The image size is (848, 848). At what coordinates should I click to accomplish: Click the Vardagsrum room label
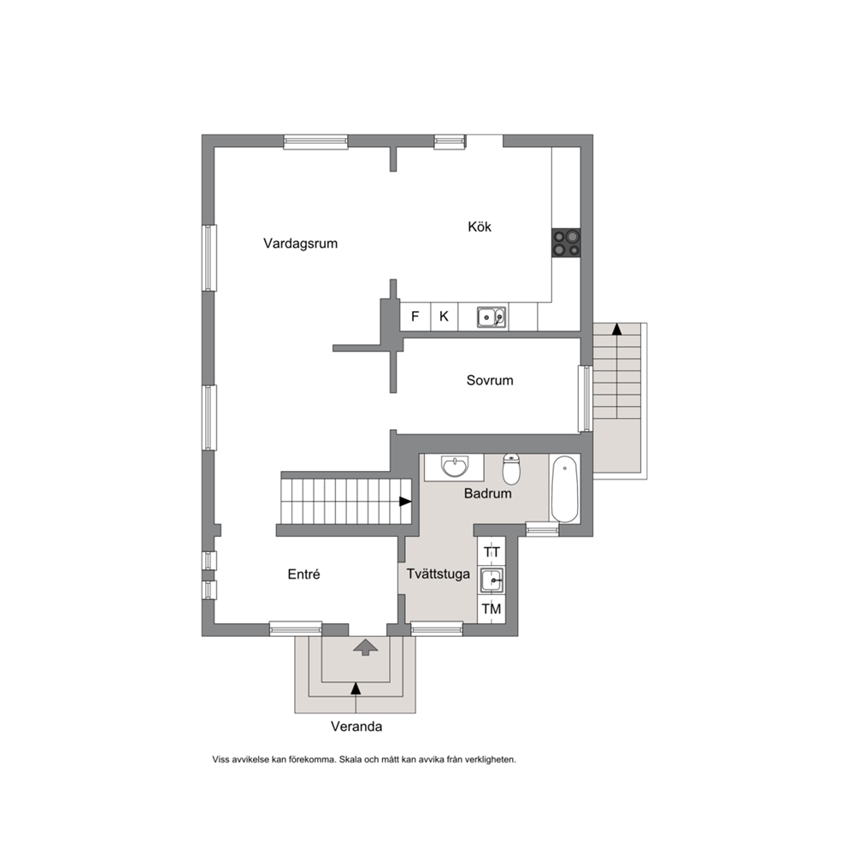[x=300, y=244]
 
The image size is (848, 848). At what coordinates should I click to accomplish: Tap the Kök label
[x=480, y=227]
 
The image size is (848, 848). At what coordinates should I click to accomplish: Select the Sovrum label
[x=490, y=380]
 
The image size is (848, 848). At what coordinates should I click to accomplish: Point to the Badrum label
[x=487, y=493]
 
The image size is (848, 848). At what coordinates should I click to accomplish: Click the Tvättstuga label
[x=438, y=574]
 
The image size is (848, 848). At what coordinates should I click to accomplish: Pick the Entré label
[x=303, y=574]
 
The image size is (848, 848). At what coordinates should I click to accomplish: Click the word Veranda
[x=356, y=727]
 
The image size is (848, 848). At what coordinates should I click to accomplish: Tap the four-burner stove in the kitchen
[x=566, y=243]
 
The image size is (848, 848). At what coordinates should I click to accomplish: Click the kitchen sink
[x=492, y=317]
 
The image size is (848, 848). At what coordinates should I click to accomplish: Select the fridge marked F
[x=415, y=316]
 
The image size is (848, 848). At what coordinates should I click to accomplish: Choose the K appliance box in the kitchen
[x=444, y=316]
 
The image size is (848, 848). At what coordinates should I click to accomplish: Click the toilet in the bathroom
[x=511, y=469]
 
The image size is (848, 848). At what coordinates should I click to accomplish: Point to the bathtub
[x=564, y=489]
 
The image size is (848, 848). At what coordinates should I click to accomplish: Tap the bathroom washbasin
[x=455, y=467]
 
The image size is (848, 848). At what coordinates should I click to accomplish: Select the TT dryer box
[x=492, y=551]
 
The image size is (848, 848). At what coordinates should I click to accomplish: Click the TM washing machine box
[x=492, y=609]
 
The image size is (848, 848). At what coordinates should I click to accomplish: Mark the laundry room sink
[x=492, y=580]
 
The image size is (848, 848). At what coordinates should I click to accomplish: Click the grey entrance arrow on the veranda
[x=366, y=647]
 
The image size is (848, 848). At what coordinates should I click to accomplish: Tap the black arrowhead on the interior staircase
[x=405, y=502]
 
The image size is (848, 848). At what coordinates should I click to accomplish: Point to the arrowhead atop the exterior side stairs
[x=616, y=329]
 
